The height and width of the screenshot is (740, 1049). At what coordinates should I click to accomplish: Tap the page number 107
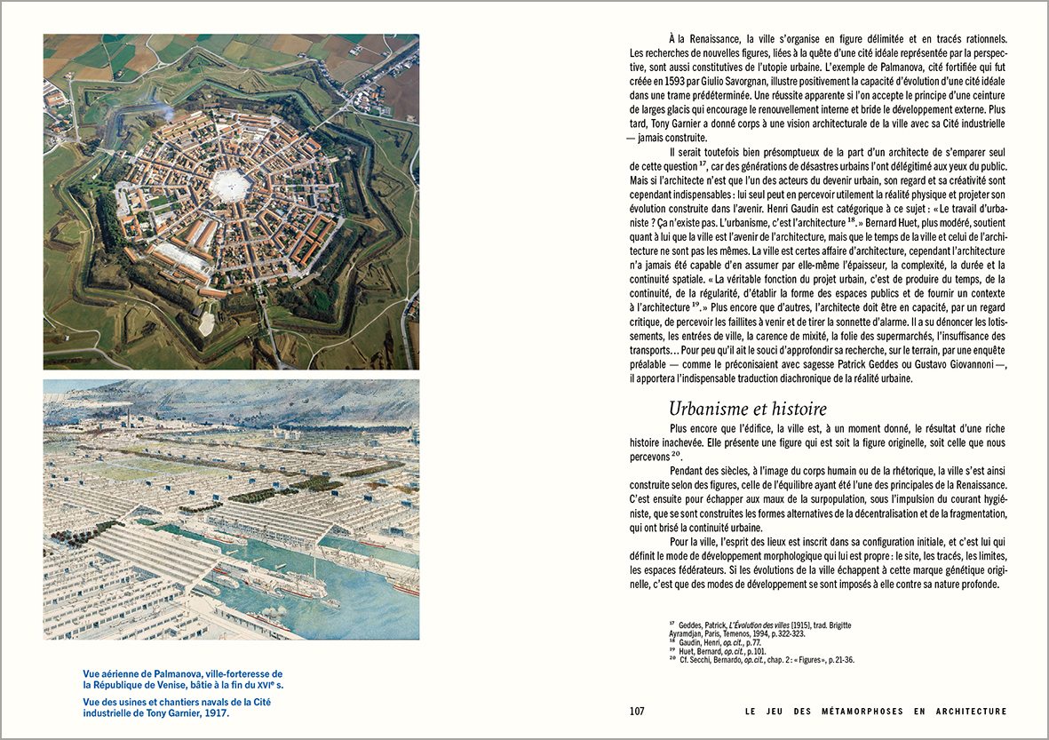pyautogui.click(x=636, y=712)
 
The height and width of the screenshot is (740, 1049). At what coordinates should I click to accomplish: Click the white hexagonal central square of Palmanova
pyautogui.click(x=230, y=185)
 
